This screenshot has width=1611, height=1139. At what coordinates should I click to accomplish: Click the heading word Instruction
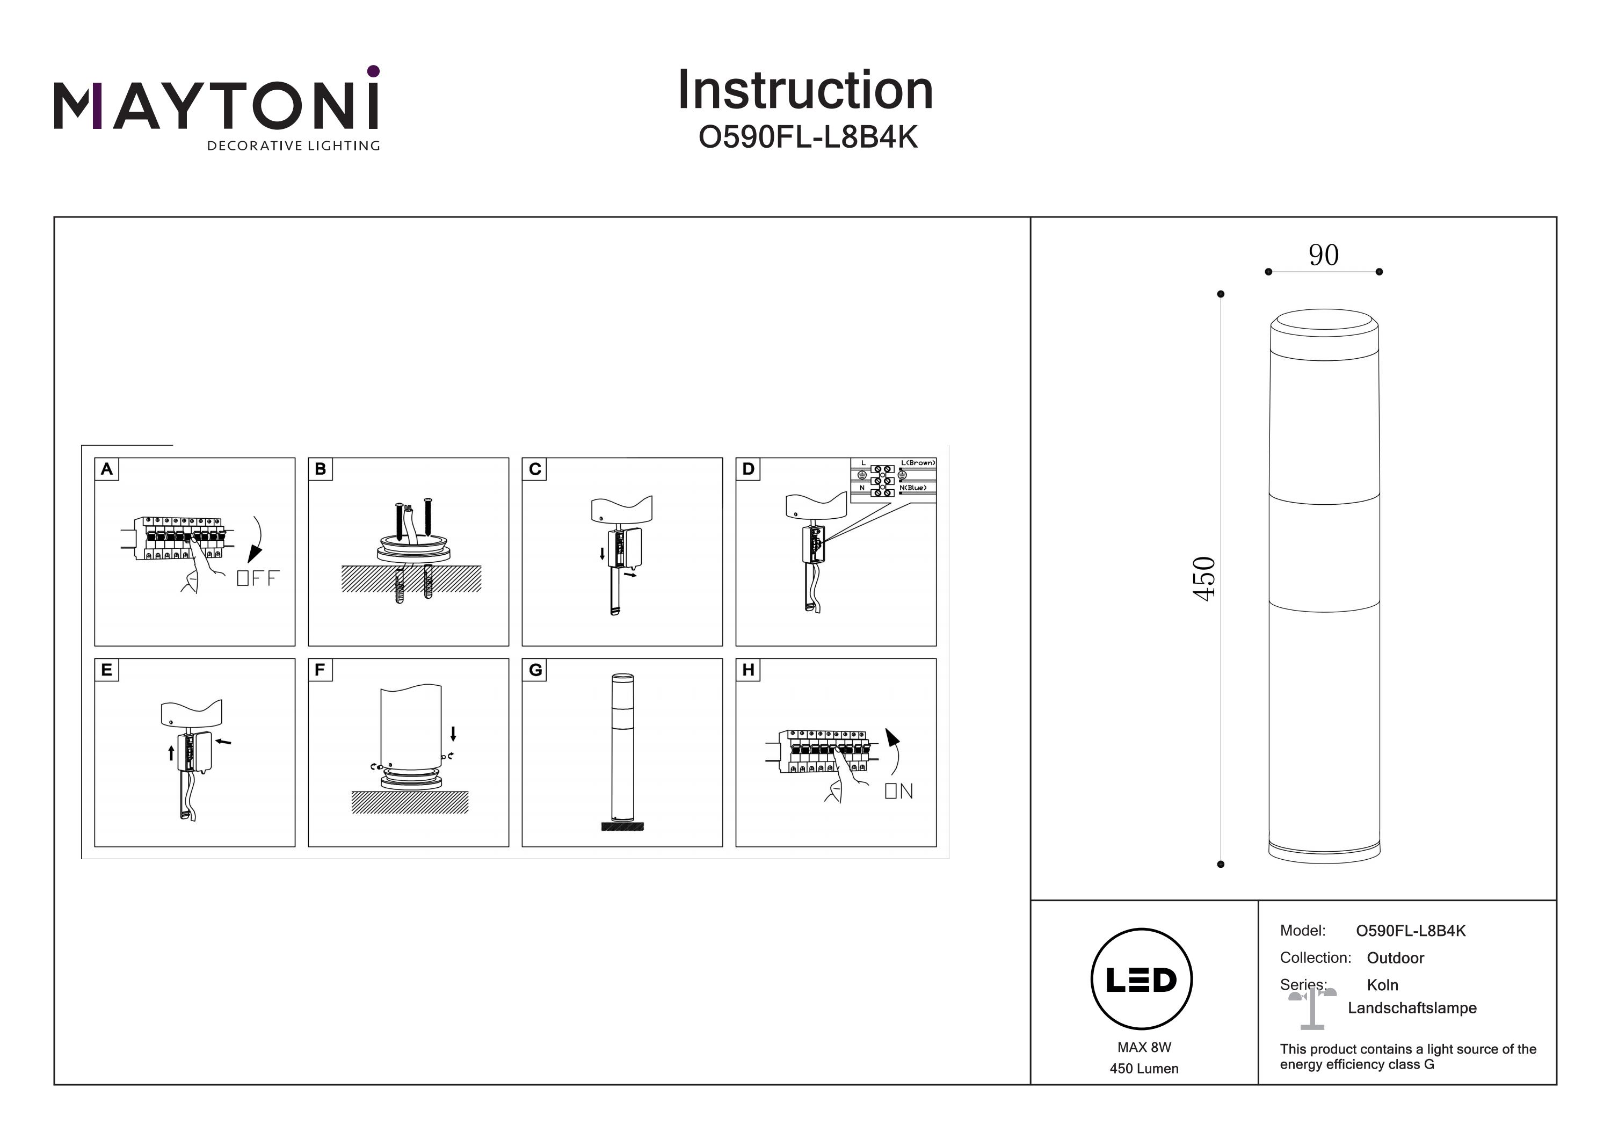coord(805,91)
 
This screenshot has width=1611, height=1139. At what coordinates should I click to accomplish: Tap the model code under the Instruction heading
coord(808,137)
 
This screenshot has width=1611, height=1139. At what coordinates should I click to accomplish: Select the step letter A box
coord(107,469)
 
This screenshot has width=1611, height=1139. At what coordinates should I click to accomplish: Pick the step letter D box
coord(748,469)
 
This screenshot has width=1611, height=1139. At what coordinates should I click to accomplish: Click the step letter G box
coord(535,670)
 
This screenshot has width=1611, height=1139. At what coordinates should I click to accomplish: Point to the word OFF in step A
coord(258,578)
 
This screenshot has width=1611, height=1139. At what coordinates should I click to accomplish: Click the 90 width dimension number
coord(1323,255)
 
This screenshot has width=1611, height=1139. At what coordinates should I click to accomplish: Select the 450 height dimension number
coord(1203,578)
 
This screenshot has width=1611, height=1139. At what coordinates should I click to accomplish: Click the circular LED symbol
coord(1142,979)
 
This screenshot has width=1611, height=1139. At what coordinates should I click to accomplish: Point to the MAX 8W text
coord(1144,1047)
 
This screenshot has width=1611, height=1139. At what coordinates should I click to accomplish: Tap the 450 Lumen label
coord(1144,1069)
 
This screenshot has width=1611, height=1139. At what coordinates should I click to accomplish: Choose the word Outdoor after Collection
coord(1395,958)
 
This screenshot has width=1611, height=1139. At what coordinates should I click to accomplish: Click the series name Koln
coord(1382,985)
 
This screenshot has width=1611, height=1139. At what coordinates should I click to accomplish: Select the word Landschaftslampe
coord(1412,1009)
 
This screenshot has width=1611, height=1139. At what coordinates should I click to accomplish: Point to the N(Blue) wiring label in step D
coord(912,488)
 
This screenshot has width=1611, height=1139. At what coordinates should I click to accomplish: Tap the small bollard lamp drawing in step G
coord(622,751)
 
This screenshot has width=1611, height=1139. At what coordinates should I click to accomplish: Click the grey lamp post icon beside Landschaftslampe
coord(1311,1007)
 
